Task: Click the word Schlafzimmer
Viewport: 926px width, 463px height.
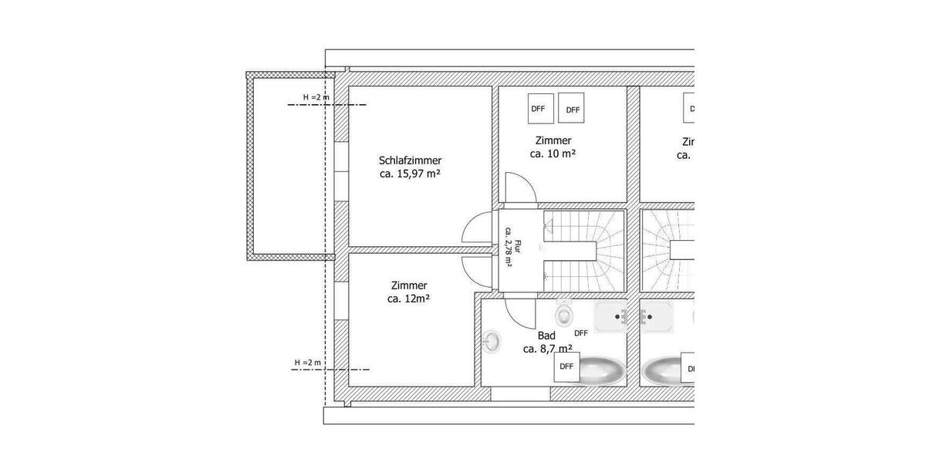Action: pyautogui.click(x=410, y=161)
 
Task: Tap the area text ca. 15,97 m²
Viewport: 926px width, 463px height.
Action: pyautogui.click(x=410, y=174)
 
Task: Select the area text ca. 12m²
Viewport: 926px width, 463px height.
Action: pyautogui.click(x=409, y=299)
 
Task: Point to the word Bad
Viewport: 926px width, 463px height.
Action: pyautogui.click(x=546, y=336)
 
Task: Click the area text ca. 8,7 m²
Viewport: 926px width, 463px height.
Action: pyautogui.click(x=547, y=349)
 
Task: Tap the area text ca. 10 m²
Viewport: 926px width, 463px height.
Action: pyautogui.click(x=553, y=154)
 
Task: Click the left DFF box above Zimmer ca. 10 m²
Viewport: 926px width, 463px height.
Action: pyautogui.click(x=539, y=109)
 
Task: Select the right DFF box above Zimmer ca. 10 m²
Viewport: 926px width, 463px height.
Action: pyautogui.click(x=573, y=110)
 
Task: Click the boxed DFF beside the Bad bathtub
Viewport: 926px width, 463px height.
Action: pyautogui.click(x=567, y=367)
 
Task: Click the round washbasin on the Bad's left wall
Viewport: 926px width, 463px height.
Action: pyautogui.click(x=491, y=340)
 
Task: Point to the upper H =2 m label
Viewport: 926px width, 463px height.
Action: pyautogui.click(x=316, y=97)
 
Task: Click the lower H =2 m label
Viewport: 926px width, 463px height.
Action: pyautogui.click(x=307, y=363)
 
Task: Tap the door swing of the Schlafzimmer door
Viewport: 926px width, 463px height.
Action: pyautogui.click(x=475, y=230)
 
